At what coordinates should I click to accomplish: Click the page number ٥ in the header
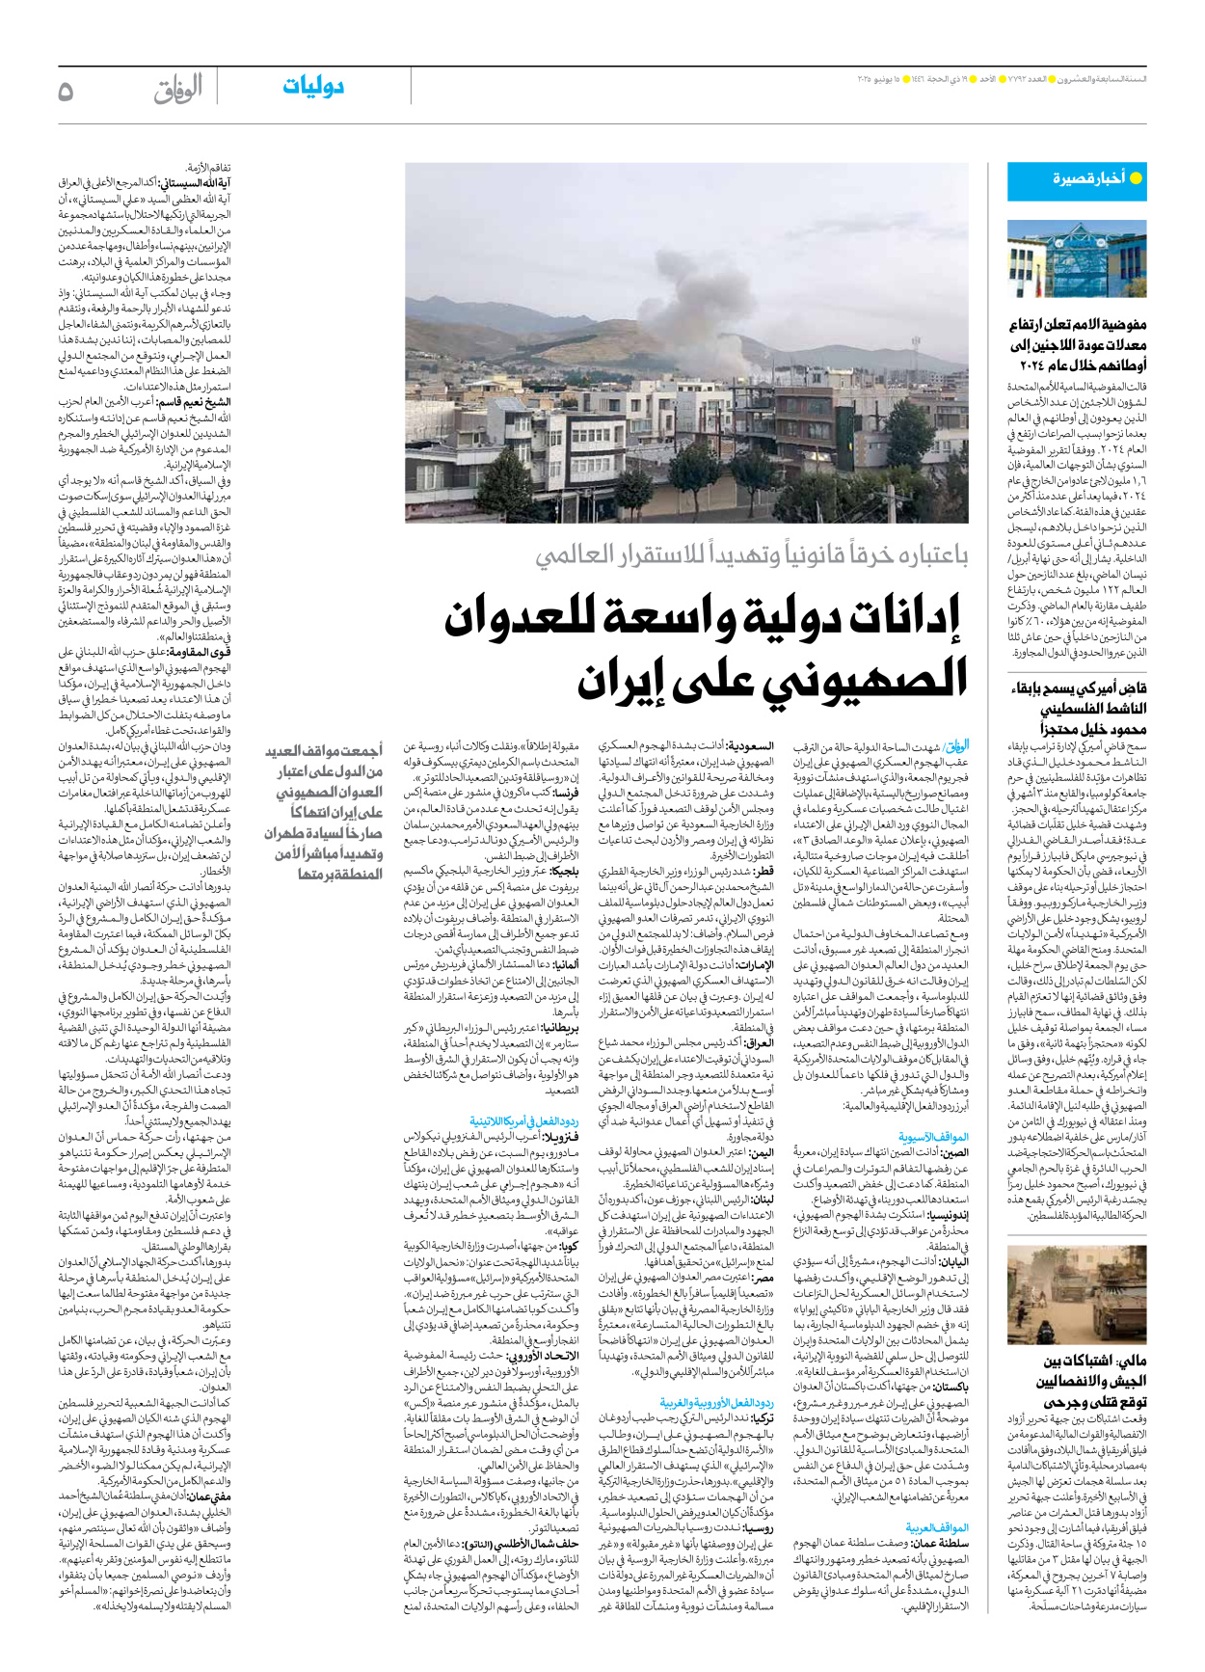[x=66, y=92]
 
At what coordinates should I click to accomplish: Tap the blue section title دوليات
[x=313, y=87]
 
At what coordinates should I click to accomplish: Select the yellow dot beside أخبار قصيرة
[x=1136, y=178]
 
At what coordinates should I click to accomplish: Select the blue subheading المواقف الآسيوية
[x=933, y=1137]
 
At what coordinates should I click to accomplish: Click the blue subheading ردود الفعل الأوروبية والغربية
[x=716, y=1403]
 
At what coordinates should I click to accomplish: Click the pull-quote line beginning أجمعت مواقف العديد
[x=324, y=750]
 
